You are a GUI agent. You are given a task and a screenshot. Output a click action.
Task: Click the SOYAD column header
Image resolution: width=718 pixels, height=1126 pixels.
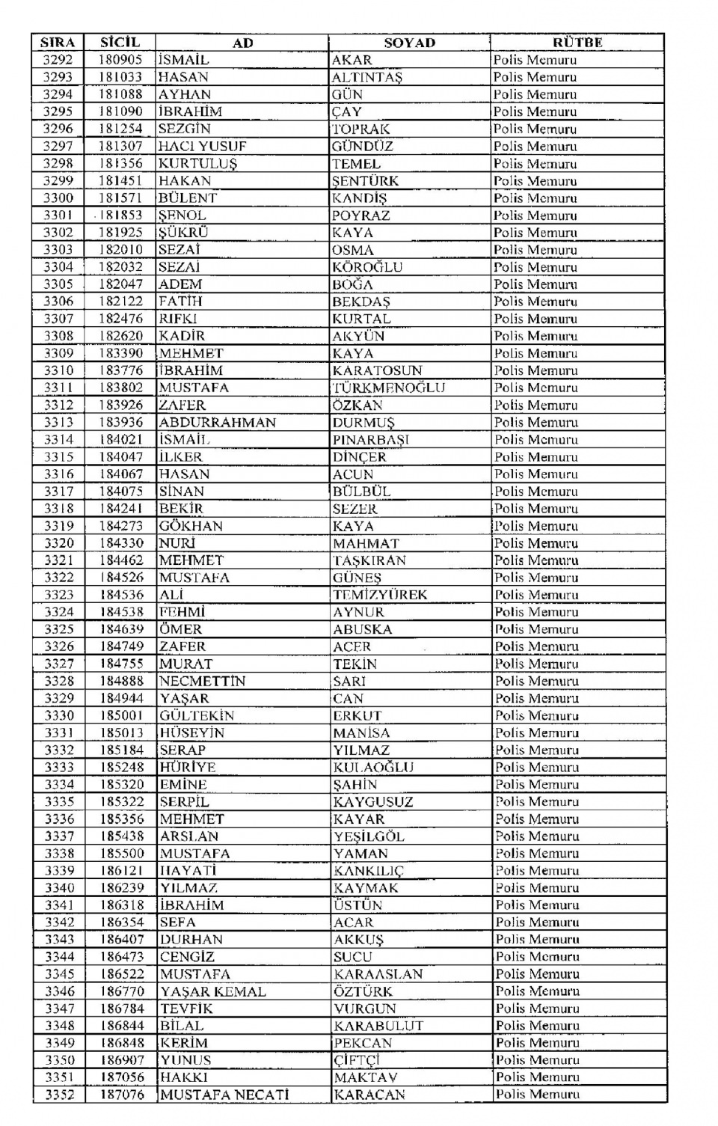pyautogui.click(x=409, y=43)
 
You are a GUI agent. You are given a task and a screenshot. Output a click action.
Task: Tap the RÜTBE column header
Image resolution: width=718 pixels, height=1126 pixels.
pyautogui.click(x=577, y=43)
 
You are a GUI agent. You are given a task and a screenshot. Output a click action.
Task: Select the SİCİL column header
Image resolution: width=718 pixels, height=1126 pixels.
pyautogui.click(x=120, y=43)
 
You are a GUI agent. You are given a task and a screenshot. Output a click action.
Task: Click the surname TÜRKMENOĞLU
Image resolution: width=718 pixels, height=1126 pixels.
pyautogui.click(x=389, y=388)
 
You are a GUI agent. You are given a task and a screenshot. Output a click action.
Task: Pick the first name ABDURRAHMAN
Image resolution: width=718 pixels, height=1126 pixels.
pyautogui.click(x=217, y=422)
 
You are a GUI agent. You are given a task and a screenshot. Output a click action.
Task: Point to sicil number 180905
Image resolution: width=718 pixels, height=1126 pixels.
pyautogui.click(x=120, y=60)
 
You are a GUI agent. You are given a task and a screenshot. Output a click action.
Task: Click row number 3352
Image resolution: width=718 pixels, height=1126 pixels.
pyautogui.click(x=59, y=1095)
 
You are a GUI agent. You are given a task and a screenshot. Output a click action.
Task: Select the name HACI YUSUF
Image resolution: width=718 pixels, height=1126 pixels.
pyautogui.click(x=202, y=147)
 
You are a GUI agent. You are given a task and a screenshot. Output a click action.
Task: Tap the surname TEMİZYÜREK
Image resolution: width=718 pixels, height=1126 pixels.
pyautogui.click(x=380, y=595)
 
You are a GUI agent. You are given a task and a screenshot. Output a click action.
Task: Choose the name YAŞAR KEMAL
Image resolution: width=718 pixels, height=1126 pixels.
pyautogui.click(x=212, y=991)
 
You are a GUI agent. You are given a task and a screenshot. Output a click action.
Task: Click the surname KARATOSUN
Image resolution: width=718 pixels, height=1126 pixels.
pyautogui.click(x=377, y=370)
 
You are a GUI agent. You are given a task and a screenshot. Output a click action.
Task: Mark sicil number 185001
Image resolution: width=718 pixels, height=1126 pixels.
pyautogui.click(x=121, y=715)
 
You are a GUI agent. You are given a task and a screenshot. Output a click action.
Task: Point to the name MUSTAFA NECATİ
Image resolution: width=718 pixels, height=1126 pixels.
pyautogui.click(x=224, y=1095)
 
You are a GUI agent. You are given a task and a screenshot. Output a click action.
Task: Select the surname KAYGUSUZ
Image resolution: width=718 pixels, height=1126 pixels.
pyautogui.click(x=374, y=802)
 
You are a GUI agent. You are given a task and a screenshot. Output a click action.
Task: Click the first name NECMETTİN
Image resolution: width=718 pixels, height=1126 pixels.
pyautogui.click(x=202, y=681)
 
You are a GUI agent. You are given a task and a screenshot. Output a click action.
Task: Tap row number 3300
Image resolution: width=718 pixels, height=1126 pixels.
pyautogui.click(x=58, y=198)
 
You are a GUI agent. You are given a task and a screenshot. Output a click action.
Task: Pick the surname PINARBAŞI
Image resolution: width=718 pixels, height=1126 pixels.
pyautogui.click(x=371, y=440)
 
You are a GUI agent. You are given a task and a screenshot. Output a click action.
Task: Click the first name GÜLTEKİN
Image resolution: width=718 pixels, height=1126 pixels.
pyautogui.click(x=197, y=715)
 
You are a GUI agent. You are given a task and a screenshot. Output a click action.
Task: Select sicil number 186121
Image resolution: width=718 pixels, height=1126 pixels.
pyautogui.click(x=121, y=871)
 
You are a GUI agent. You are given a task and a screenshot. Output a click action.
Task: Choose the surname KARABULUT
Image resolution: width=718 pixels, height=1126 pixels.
pyautogui.click(x=378, y=1026)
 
